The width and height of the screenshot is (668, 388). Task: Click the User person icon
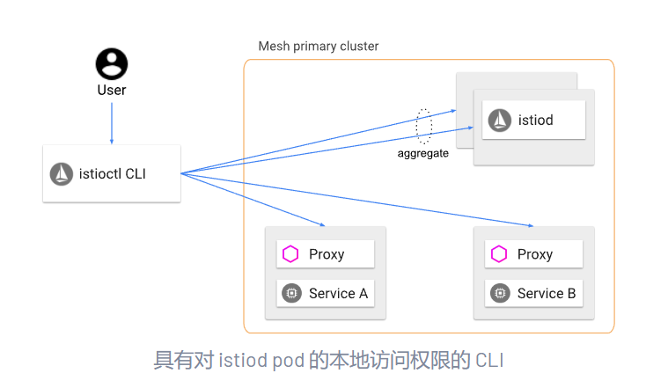[112, 63]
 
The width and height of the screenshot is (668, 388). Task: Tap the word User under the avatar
[112, 90]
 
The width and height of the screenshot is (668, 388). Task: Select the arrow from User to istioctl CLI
[112, 122]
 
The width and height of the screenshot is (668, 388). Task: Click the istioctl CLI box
[112, 173]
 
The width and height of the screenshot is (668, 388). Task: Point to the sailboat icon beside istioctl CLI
[62, 173]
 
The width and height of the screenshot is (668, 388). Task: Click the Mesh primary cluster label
[318, 46]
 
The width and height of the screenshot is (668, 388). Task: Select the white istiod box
[533, 120]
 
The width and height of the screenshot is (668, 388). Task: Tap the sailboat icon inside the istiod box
[500, 120]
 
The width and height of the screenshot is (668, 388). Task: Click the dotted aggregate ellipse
[424, 127]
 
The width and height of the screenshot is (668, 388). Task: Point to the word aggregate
[422, 153]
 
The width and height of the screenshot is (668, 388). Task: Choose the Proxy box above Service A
[326, 254]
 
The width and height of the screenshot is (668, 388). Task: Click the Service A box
[326, 293]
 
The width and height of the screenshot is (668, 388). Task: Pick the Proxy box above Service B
[534, 254]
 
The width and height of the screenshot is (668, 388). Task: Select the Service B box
[534, 293]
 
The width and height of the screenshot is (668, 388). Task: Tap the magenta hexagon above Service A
[290, 254]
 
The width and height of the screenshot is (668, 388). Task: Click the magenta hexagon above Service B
[499, 254]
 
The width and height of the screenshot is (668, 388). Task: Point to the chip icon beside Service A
[290, 293]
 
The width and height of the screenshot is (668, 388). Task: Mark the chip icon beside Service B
[499, 293]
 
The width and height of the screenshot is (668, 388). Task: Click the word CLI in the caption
[489, 360]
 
